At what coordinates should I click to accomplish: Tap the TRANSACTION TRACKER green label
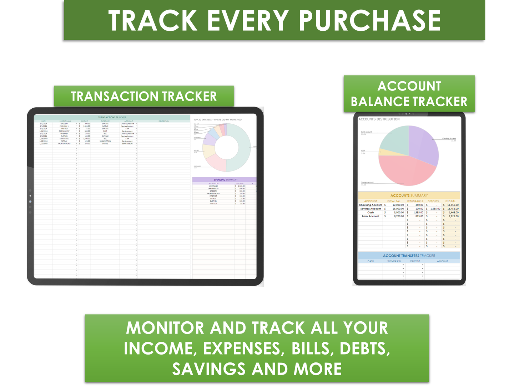pos(143,96)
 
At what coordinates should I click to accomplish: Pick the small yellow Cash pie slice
pos(387,153)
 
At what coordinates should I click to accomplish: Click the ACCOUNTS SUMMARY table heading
pos(409,196)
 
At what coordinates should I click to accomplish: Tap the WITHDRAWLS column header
pos(415,201)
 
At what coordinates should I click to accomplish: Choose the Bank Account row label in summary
pos(371,216)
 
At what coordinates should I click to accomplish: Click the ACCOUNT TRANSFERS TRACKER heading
pos(409,256)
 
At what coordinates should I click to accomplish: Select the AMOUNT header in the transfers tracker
pos(442,261)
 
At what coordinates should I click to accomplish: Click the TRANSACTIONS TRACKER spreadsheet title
pos(112,117)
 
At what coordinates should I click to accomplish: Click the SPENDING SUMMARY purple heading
pos(226,180)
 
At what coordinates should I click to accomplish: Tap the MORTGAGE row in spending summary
pos(213,186)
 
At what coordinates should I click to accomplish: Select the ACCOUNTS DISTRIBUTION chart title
pos(379,119)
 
